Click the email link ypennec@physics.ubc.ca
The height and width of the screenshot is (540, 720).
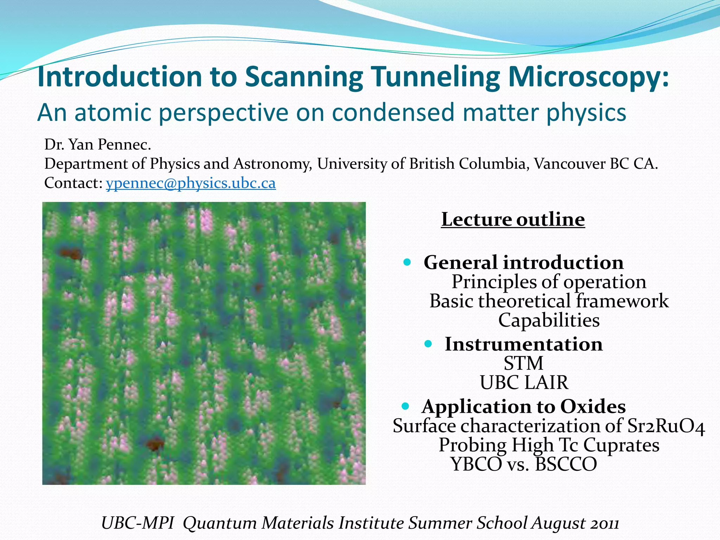[191, 183]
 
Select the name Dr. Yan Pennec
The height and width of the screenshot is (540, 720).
[98, 144]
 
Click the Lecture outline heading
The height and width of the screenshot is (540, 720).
[513, 219]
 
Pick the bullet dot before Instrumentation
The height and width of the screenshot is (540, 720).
[428, 343]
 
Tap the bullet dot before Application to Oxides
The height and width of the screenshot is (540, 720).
[405, 406]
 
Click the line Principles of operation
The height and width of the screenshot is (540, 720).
[549, 282]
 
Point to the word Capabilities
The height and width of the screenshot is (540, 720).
[549, 320]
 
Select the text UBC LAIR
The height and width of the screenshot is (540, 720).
[524, 382]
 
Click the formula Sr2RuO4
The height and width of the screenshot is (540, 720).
[666, 426]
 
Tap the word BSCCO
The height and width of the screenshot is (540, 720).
[566, 464]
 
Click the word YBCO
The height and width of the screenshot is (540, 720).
[476, 464]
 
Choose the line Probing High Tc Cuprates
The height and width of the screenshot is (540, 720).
[549, 445]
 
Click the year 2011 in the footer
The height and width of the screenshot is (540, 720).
[604, 523]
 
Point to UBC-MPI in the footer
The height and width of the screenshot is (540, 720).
[137, 523]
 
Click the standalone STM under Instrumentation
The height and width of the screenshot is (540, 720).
[523, 364]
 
